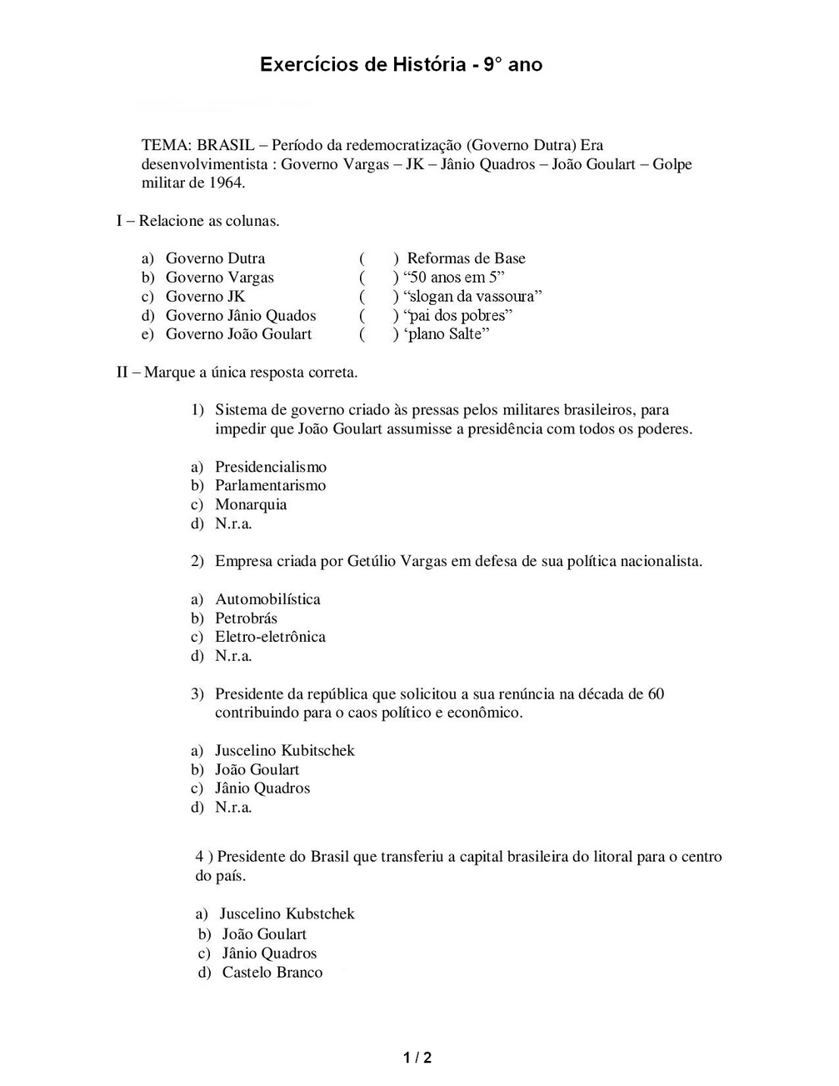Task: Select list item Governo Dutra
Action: tap(215, 258)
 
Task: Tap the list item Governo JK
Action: tap(205, 297)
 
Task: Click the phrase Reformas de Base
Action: tap(466, 258)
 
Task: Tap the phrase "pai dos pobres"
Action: tap(457, 316)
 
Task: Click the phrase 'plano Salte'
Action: tap(446, 334)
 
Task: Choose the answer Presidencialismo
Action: tap(271, 467)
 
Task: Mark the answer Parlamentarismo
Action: tap(270, 486)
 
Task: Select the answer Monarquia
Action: tap(251, 504)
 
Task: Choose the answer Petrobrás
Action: tap(246, 618)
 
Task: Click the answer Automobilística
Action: tap(267, 599)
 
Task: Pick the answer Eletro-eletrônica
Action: tap(270, 637)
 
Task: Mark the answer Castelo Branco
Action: tap(272, 973)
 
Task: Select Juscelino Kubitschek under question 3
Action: tap(284, 751)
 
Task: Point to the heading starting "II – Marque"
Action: tap(237, 373)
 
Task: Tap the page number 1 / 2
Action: tap(417, 1058)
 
